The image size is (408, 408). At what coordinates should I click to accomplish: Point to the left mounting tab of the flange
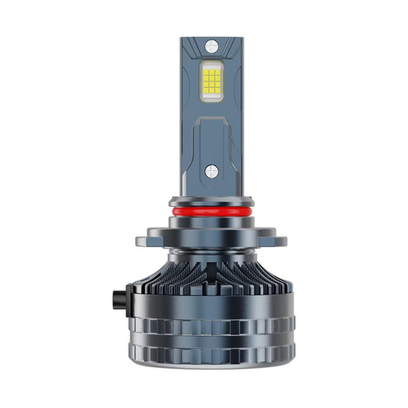148,239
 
